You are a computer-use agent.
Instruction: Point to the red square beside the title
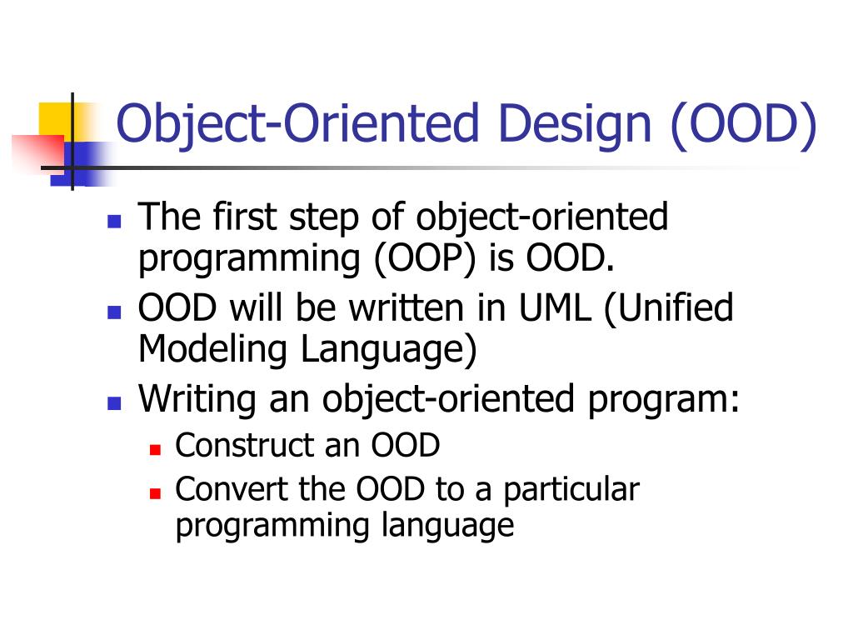[x=37, y=151]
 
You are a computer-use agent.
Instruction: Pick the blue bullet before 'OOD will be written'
[x=115, y=313]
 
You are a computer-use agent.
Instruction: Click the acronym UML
[x=553, y=308]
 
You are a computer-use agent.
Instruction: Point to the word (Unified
[x=668, y=308]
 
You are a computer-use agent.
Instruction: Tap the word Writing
[x=198, y=399]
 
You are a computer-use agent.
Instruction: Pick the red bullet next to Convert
[x=154, y=492]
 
